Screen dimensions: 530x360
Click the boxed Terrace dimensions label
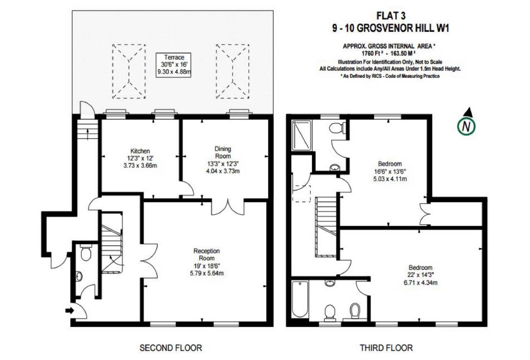(x=173, y=65)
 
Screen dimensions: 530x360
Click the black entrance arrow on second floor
(x=70, y=310)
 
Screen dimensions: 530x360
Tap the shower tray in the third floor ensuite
(x=301, y=135)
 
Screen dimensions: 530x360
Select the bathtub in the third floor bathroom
(x=300, y=299)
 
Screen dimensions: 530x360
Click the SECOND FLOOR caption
(x=171, y=348)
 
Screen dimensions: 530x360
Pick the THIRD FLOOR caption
(x=386, y=348)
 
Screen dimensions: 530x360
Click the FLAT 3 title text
(x=391, y=16)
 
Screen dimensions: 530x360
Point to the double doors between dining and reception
(x=228, y=207)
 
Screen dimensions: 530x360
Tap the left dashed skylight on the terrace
(x=129, y=71)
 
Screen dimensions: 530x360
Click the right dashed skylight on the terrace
(x=233, y=71)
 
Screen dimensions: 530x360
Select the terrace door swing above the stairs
(x=87, y=110)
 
